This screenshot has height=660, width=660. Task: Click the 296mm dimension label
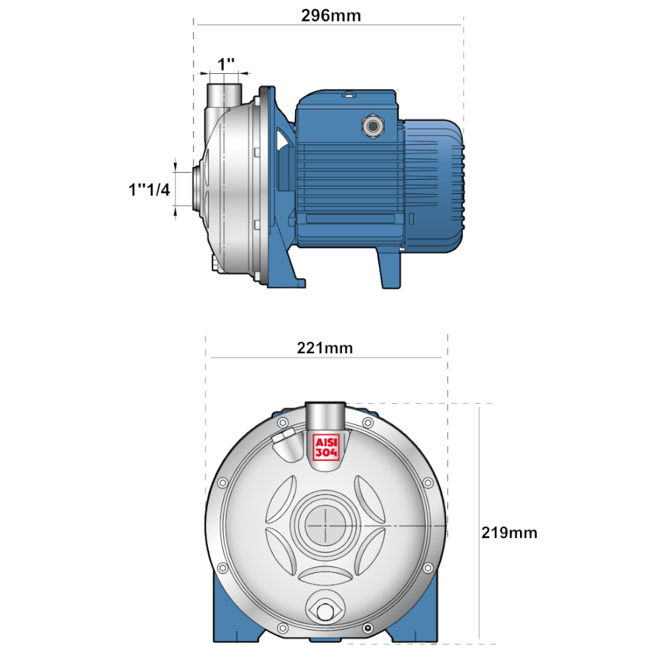[331, 16]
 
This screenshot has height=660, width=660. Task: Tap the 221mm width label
[325, 348]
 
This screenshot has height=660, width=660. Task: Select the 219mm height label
[510, 533]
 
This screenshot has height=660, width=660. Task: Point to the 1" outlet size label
[226, 65]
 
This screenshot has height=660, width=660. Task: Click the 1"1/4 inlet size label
[149, 189]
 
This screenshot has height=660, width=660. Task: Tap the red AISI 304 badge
[326, 447]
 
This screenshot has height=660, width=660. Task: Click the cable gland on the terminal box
[372, 125]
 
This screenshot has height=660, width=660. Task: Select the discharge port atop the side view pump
[224, 94]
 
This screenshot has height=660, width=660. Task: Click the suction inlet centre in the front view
[325, 526]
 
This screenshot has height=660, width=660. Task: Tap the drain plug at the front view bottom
[325, 611]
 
